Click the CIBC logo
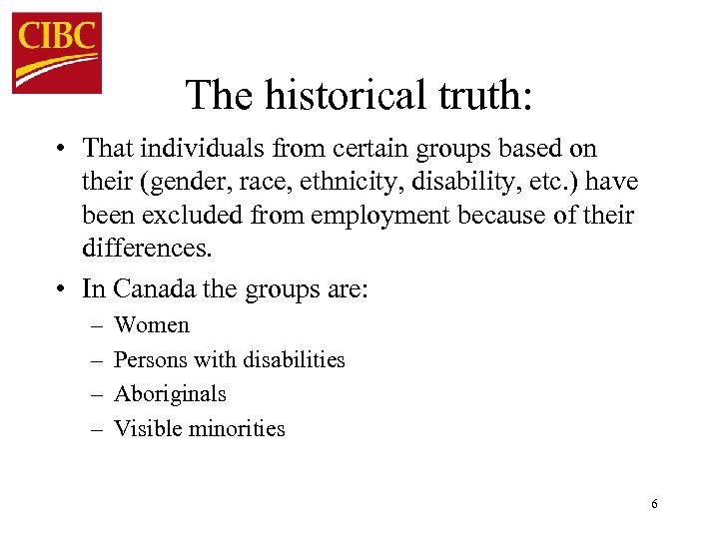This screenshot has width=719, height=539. coord(57,53)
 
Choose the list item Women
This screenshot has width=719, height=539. coord(152,325)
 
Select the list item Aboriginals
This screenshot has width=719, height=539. coord(170,394)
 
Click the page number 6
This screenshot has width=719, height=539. coord(654,504)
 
